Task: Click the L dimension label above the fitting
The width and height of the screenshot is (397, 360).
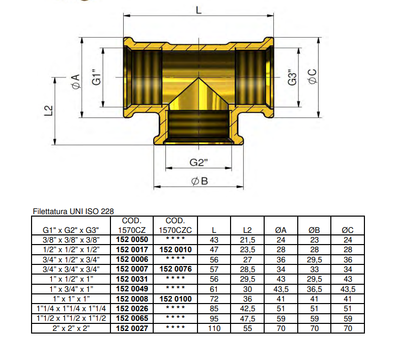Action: pyautogui.click(x=198, y=9)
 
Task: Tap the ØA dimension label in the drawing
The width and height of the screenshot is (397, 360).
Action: pyautogui.click(x=75, y=81)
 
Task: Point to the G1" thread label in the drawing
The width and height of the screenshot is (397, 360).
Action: pyautogui.click(x=97, y=80)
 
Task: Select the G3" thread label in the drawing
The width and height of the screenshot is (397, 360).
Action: pyautogui.click(x=292, y=77)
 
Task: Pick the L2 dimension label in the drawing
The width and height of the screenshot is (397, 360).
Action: pyautogui.click(x=49, y=111)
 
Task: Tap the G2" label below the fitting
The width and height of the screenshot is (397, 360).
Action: pyautogui.click(x=200, y=163)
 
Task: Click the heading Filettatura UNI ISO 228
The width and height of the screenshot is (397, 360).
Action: pyautogui.click(x=73, y=211)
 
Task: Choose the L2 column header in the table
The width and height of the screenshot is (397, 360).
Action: pyautogui.click(x=247, y=230)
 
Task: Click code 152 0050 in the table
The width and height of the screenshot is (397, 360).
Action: pyautogui.click(x=132, y=239)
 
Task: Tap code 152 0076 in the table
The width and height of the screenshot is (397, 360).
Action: pyautogui.click(x=175, y=268)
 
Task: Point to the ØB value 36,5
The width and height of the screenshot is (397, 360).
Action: pyautogui.click(x=314, y=289)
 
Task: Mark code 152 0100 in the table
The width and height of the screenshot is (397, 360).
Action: pyautogui.click(x=175, y=298)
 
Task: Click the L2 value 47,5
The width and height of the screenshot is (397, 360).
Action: pyautogui.click(x=247, y=318)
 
